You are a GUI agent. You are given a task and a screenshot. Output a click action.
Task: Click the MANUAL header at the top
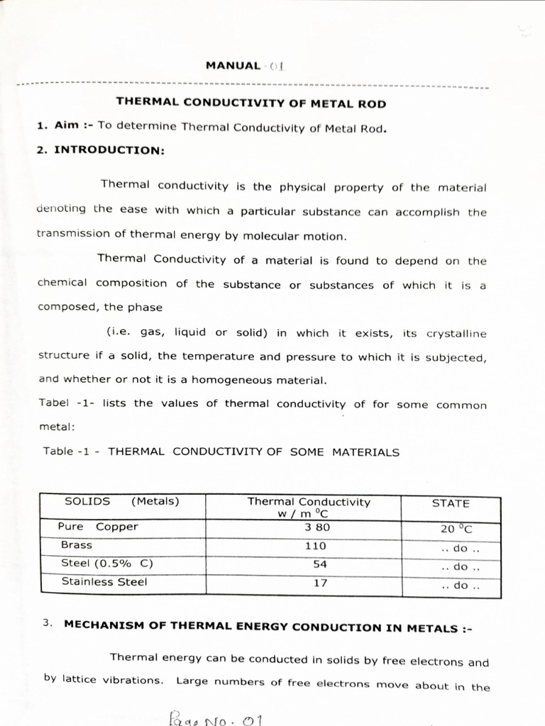point(233,66)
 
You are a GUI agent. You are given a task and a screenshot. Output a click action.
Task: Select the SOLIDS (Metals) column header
point(121,502)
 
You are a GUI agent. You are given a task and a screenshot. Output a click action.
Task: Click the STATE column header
point(451,503)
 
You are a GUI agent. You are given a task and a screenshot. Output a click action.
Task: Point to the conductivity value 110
point(316,546)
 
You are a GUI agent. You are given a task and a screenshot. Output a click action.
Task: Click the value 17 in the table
point(319,583)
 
